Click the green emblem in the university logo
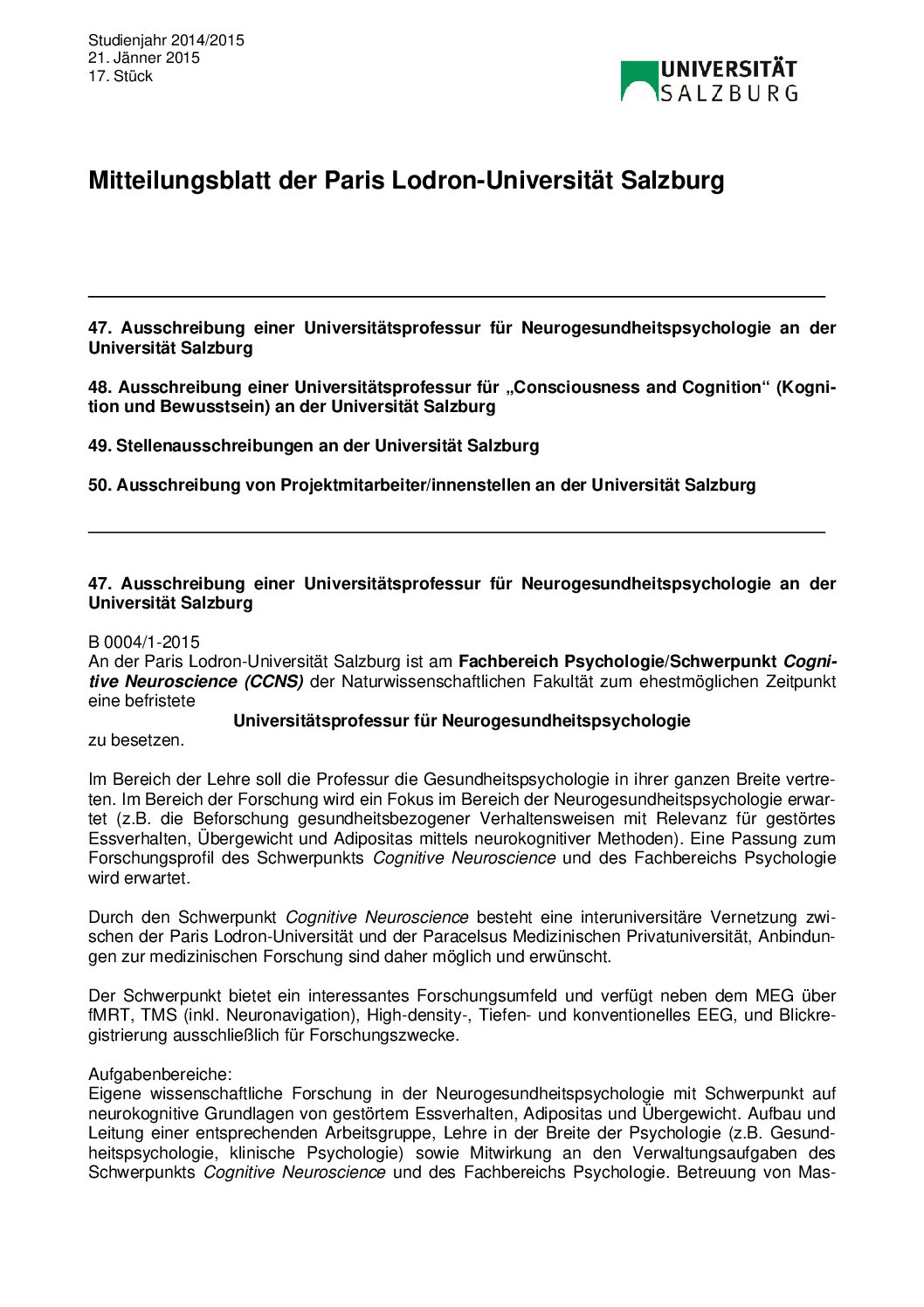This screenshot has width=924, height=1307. tap(638, 79)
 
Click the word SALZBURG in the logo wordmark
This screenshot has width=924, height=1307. tap(728, 93)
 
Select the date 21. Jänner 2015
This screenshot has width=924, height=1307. tap(144, 58)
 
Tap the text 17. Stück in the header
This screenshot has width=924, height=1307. tap(121, 76)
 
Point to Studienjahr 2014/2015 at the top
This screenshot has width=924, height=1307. tap(166, 40)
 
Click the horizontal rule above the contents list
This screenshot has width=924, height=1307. tap(457, 297)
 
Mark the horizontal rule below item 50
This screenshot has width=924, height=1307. tap(457, 531)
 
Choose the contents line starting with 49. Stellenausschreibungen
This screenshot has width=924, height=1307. tap(314, 445)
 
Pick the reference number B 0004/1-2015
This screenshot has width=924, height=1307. tap(144, 643)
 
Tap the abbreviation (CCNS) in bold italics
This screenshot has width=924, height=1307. tap(273, 681)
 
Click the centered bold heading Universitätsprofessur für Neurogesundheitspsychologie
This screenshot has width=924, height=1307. tap(462, 720)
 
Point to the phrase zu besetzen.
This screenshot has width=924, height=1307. tap(136, 739)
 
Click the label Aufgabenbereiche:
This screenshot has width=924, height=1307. tap(160, 1074)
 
